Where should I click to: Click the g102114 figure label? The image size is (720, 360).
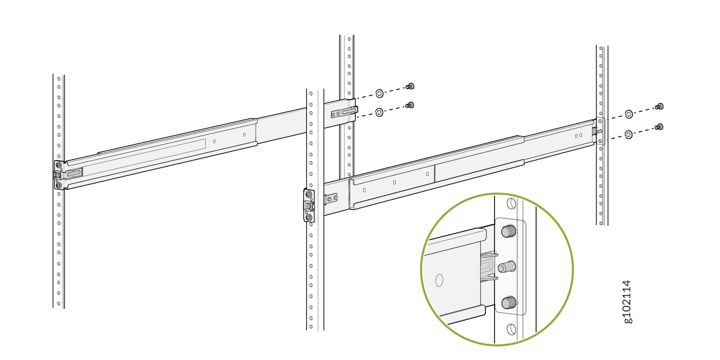tap(628, 302)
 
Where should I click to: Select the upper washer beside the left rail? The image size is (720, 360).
tap(379, 93)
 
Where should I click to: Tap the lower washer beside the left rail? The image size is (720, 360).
tap(379, 112)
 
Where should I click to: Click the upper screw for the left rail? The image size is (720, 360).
tap(410, 86)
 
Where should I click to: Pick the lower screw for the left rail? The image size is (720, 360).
tap(410, 105)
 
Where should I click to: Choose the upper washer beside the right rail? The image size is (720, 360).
tap(629, 114)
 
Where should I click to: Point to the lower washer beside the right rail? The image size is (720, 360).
tap(629, 135)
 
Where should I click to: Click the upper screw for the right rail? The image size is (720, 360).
tap(660, 106)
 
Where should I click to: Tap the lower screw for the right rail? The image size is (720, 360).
tap(660, 127)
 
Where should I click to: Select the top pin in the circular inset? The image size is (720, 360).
tap(508, 232)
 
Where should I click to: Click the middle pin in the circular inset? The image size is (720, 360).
tap(506, 267)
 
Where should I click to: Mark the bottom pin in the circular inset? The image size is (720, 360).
tap(508, 302)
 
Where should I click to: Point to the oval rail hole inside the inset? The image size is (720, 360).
tap(439, 280)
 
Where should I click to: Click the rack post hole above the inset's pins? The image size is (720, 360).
tap(511, 203)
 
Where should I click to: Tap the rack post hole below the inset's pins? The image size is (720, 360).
tap(511, 329)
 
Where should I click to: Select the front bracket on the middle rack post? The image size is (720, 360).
tap(309, 206)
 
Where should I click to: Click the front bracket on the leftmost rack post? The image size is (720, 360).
tap(59, 175)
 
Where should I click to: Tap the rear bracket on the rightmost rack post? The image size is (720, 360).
tap(600, 131)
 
